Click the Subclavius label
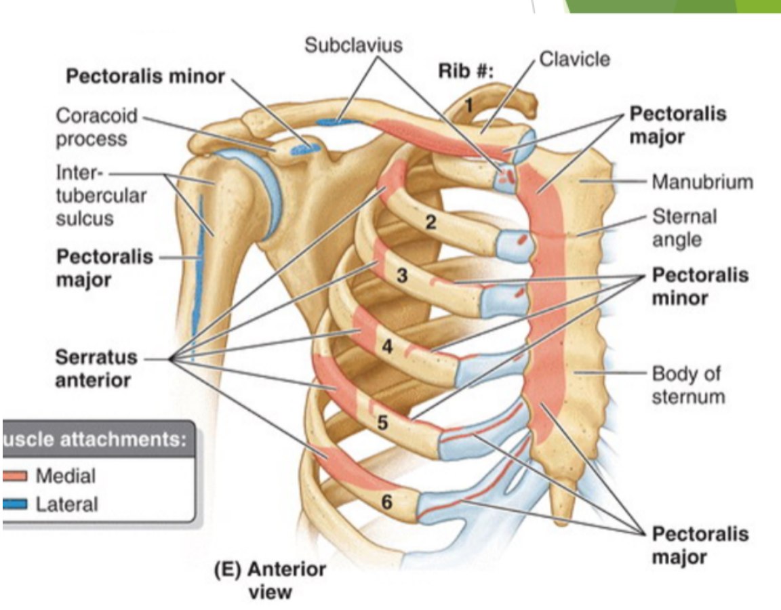coord(353,45)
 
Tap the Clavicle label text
coord(574,59)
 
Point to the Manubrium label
coord(702,182)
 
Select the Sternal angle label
coord(684,227)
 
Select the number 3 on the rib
coord(401,276)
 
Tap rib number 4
coord(387,346)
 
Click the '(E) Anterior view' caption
coord(270,580)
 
